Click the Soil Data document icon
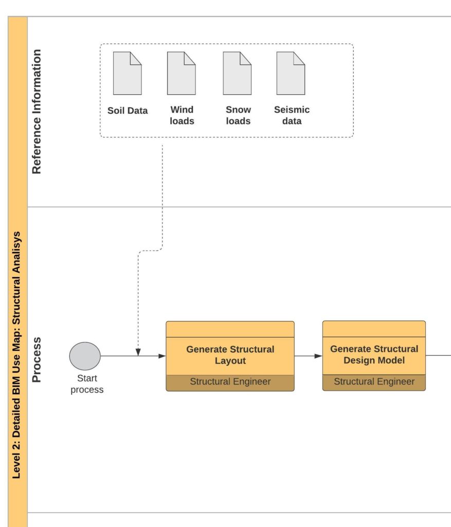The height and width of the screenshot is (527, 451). [128, 73]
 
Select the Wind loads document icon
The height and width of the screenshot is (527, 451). [182, 73]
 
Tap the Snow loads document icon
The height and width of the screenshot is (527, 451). [237, 73]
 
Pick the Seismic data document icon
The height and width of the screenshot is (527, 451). [291, 73]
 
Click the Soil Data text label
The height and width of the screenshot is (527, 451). [128, 111]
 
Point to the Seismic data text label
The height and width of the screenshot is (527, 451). [292, 115]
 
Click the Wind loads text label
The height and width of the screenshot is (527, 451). [182, 115]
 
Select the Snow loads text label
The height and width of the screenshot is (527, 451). [238, 115]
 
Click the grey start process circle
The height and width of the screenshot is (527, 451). [85, 356]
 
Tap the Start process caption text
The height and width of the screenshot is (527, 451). [87, 384]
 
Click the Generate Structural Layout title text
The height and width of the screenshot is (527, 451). [230, 355]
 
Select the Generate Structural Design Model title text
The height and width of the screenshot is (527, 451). [374, 355]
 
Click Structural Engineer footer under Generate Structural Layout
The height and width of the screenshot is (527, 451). [230, 382]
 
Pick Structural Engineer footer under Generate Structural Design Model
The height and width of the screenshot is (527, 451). [374, 382]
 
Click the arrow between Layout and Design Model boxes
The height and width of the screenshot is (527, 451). [308, 356]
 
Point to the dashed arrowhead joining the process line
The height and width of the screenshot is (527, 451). [138, 352]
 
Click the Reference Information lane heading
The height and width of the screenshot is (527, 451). [37, 112]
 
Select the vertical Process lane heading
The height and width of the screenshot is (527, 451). [37, 360]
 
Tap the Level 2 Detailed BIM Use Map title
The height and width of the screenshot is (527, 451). [17, 355]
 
